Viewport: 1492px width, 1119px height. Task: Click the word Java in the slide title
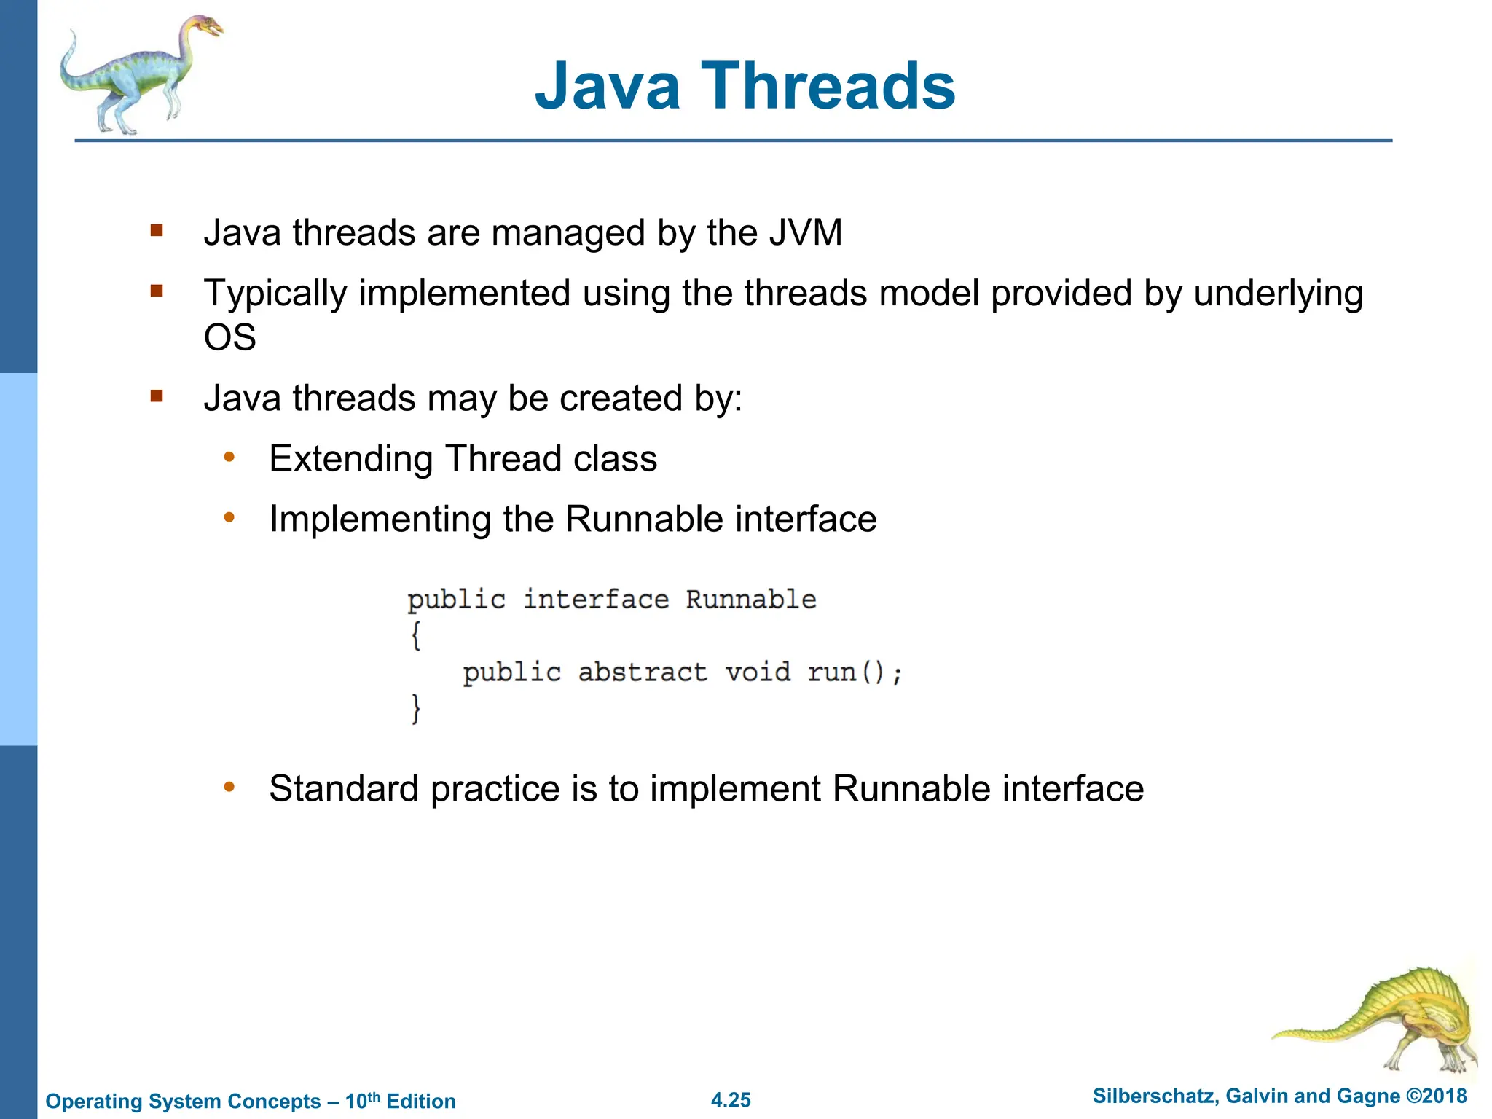tap(607, 86)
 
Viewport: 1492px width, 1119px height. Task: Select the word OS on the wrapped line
tap(229, 337)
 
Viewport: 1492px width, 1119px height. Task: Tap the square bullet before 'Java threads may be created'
tap(157, 396)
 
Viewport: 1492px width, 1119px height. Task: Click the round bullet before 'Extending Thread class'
tap(229, 458)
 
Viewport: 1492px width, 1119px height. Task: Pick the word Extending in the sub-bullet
tap(350, 459)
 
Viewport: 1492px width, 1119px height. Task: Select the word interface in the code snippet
tap(595, 600)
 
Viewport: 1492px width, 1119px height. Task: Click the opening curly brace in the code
tap(415, 635)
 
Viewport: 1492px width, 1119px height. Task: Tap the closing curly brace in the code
tap(415, 707)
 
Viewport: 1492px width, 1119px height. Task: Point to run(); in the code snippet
tap(854, 672)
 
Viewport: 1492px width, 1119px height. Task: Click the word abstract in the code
tap(642, 672)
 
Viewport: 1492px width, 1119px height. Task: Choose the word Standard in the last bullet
tap(343, 789)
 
